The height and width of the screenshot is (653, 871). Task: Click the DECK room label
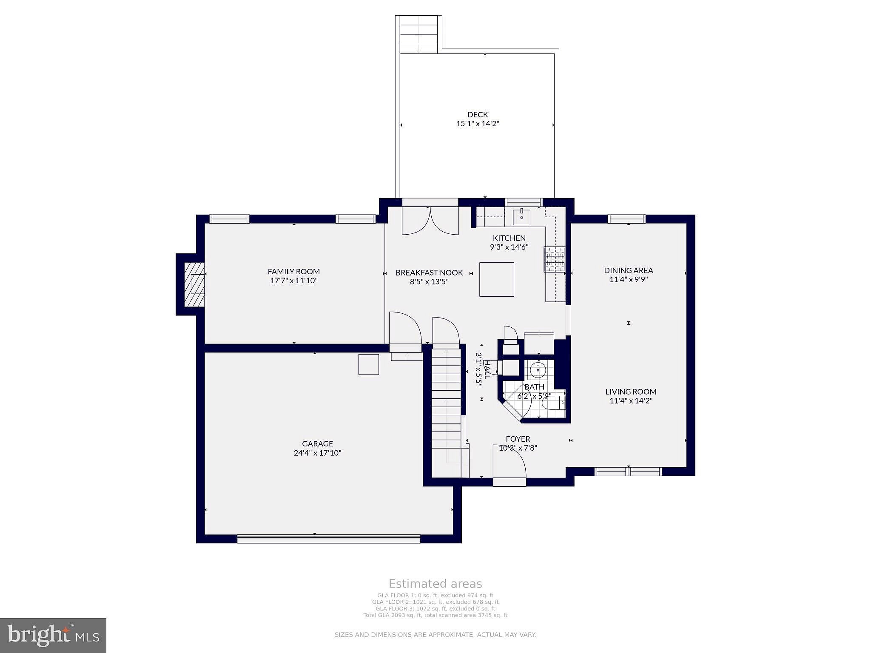[478, 114]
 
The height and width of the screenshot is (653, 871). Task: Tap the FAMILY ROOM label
[293, 271]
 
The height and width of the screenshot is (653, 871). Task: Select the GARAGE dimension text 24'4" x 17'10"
[317, 453]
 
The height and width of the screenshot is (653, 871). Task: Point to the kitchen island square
[496, 279]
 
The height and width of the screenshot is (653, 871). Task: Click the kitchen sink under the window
[521, 217]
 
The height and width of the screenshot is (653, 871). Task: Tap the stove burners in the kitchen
[554, 259]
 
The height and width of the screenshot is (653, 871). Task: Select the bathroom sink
[538, 370]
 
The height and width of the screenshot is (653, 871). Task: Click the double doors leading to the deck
[430, 221]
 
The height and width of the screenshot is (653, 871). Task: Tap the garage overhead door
[328, 539]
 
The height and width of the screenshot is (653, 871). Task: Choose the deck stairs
[418, 34]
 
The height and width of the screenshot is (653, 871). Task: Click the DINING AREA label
[629, 270]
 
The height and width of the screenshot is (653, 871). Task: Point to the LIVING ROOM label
[631, 392]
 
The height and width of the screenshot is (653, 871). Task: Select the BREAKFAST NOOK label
[429, 273]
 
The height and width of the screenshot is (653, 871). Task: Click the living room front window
[628, 471]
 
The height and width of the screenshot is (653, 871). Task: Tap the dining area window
[627, 219]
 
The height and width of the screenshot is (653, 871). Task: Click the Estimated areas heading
[435, 584]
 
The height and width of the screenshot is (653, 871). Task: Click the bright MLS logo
[53, 635]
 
